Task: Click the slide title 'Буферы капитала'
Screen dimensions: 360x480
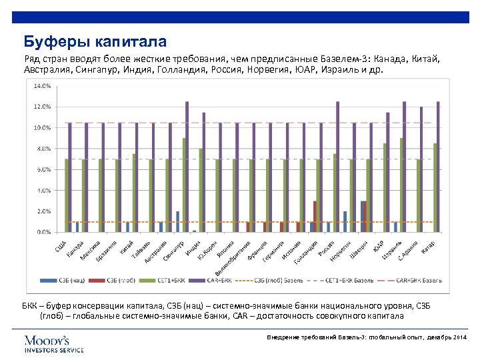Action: point(95,43)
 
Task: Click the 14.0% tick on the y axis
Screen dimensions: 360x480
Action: point(41,85)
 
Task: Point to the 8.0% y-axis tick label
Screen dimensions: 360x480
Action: point(41,149)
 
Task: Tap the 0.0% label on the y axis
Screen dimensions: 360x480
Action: point(41,232)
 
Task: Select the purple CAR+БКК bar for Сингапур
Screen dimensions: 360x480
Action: point(187,167)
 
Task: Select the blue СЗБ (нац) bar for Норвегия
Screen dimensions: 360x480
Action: point(345,222)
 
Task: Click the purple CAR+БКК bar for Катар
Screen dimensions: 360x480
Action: point(438,167)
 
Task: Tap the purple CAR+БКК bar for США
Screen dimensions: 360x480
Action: point(69,177)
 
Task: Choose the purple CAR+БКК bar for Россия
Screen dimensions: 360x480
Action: point(337,167)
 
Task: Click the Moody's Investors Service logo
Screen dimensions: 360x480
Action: point(54,343)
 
